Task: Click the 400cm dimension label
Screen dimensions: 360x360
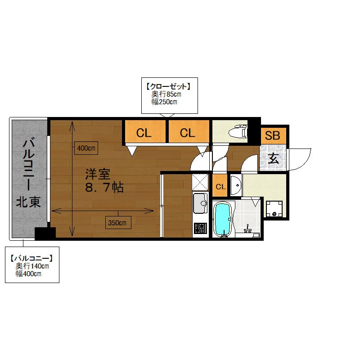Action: [86, 148]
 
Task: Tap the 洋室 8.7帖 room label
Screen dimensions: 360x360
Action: [104, 180]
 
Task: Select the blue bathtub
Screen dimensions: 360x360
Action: [222, 219]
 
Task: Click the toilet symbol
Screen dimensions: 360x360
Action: [238, 132]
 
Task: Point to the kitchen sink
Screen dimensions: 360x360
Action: [200, 203]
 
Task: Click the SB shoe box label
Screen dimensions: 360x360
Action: [273, 135]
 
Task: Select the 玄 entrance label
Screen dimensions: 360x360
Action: [274, 158]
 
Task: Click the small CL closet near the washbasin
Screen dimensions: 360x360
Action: [220, 186]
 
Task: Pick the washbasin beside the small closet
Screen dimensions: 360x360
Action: [236, 185]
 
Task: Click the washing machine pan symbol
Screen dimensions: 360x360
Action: [274, 209]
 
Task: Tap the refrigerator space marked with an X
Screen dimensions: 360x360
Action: [200, 182]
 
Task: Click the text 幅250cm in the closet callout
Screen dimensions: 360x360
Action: [164, 102]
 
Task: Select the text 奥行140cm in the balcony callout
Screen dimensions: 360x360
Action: [32, 266]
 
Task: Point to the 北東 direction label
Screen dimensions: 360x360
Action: [28, 202]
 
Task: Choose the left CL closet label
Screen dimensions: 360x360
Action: [144, 133]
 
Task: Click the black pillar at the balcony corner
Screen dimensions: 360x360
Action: [45, 234]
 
